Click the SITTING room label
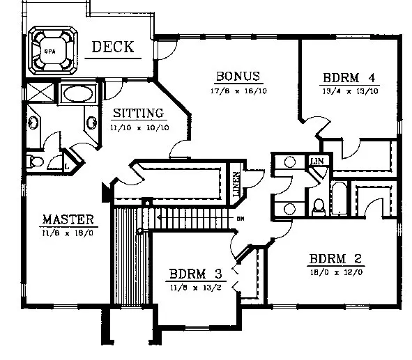138,113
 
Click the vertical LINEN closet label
237,182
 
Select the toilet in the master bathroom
34,162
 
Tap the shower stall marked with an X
36,93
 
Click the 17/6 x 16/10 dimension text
237,90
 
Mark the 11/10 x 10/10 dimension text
138,127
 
